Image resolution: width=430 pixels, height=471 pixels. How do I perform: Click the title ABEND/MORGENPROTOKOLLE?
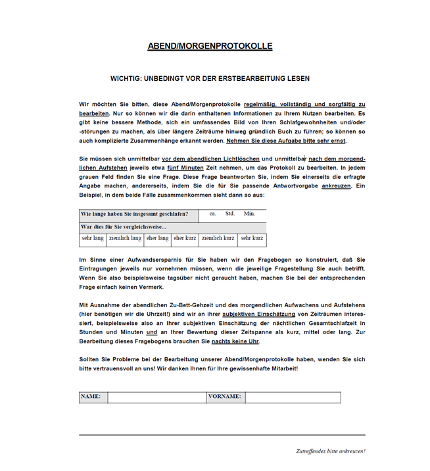(x=210, y=46)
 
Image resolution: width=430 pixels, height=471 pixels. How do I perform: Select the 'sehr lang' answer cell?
(x=93, y=238)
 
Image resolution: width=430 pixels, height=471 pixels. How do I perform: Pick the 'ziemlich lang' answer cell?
(x=125, y=238)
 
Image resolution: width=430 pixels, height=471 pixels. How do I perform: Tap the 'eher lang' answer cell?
(x=157, y=238)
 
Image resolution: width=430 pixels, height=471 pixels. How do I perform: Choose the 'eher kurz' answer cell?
(x=185, y=238)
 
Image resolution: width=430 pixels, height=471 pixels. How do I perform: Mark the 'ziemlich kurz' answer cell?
(x=218, y=238)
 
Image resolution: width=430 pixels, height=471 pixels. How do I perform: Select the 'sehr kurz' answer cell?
(x=252, y=238)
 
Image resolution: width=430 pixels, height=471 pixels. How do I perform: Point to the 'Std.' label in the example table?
(x=230, y=214)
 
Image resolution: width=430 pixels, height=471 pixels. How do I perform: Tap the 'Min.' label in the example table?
(x=249, y=214)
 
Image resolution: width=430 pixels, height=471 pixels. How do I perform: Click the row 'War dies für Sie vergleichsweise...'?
(x=124, y=226)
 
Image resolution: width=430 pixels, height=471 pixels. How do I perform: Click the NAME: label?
(x=91, y=397)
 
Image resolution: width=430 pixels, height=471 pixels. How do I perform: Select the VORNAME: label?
(x=225, y=397)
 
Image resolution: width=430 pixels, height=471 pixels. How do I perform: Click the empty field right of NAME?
(x=156, y=397)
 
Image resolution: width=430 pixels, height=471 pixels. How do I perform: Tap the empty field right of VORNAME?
(x=293, y=397)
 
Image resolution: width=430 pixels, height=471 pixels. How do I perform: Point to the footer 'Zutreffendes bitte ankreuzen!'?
(x=330, y=451)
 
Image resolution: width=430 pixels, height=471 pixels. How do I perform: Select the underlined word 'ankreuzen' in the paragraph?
(x=335, y=186)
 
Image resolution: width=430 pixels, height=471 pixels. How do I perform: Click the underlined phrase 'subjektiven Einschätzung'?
(x=257, y=314)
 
